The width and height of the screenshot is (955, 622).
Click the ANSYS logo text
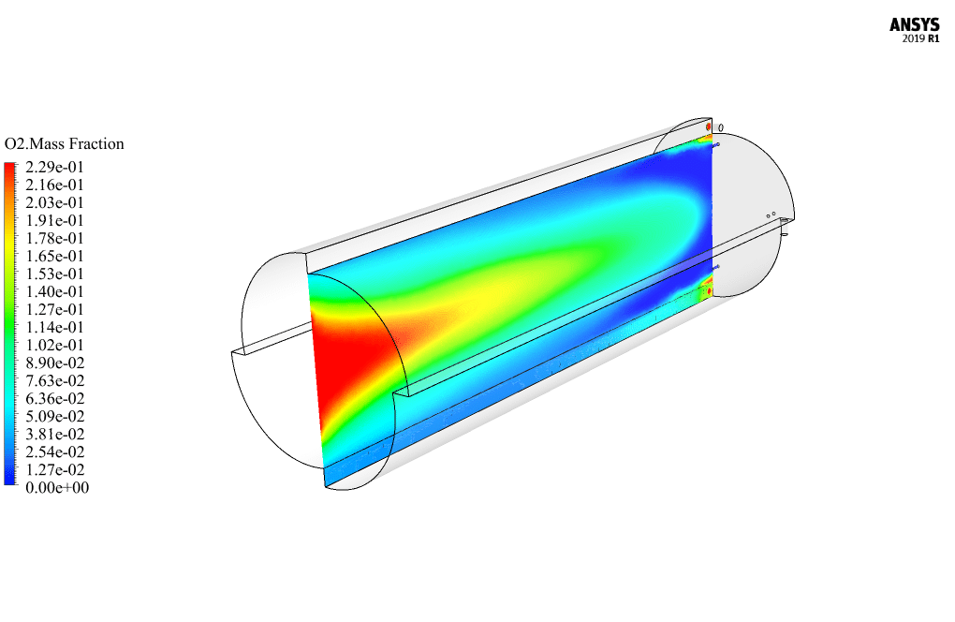click(x=914, y=25)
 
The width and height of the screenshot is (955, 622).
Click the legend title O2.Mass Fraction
click(x=64, y=143)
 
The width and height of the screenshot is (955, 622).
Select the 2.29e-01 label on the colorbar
click(x=54, y=167)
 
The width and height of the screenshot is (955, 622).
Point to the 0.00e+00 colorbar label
click(x=57, y=487)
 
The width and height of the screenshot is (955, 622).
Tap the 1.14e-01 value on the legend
click(x=54, y=327)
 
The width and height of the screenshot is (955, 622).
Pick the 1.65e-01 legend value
click(x=54, y=256)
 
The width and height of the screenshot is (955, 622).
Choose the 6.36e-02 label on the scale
click(x=55, y=398)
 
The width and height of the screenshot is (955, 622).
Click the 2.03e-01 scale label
click(x=54, y=202)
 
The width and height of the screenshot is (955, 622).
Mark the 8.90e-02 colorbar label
click(x=55, y=363)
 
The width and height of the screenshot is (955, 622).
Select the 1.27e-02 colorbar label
click(x=55, y=469)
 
